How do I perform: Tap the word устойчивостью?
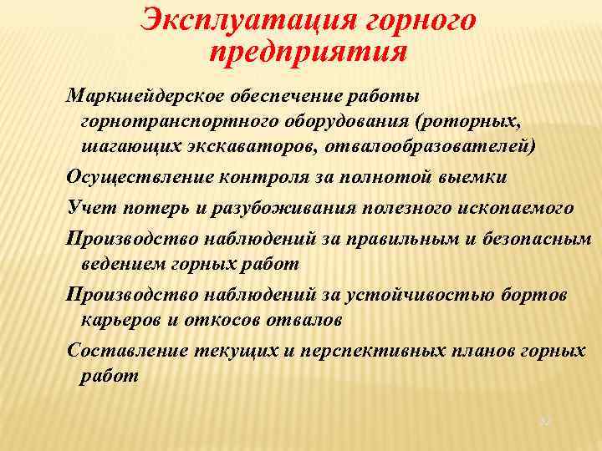(x=424, y=293)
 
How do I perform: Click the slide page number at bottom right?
(x=545, y=422)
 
